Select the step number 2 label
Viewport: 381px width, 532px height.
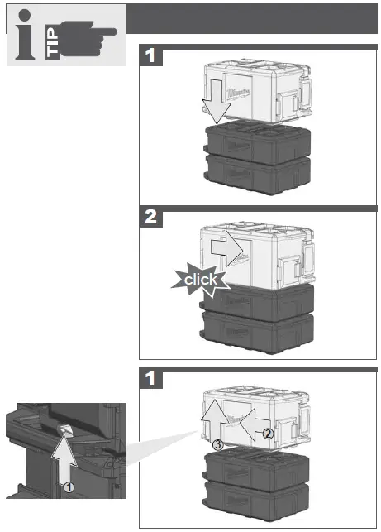tap(150, 218)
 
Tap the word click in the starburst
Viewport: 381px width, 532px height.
tap(200, 280)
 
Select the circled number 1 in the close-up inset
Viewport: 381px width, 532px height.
tap(70, 487)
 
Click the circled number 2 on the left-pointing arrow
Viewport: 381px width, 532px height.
tap(267, 433)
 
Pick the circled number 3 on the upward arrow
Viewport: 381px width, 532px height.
tap(217, 444)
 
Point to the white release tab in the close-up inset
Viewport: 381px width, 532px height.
tap(65, 427)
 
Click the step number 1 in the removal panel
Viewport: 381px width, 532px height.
tap(150, 378)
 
